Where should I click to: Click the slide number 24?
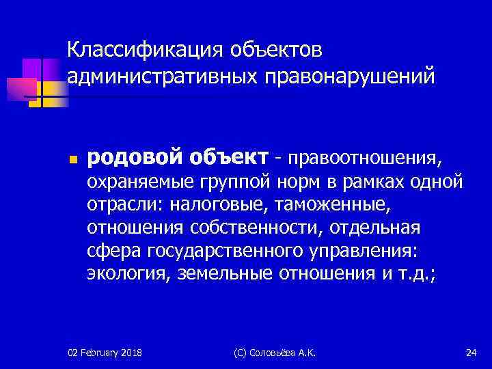[x=470, y=352]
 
